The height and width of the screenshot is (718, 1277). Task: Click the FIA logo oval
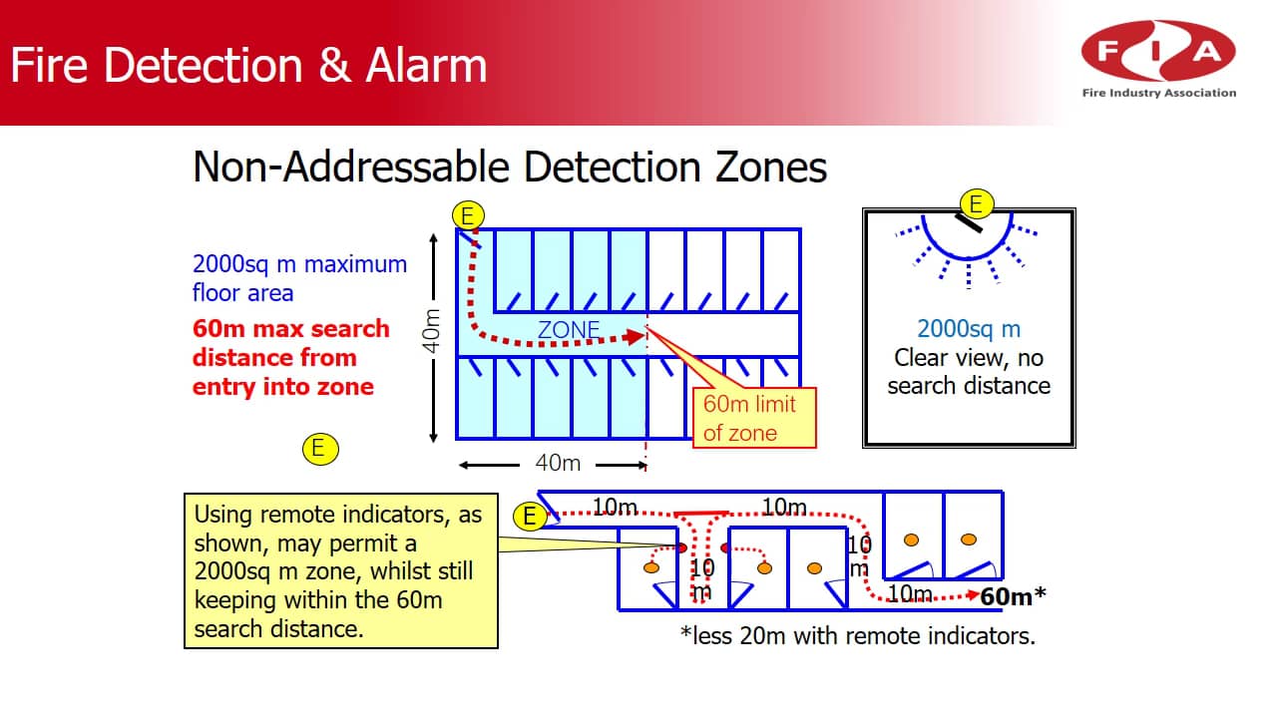click(1157, 52)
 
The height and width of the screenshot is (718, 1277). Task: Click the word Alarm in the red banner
click(426, 66)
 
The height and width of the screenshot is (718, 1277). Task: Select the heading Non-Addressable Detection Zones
click(509, 167)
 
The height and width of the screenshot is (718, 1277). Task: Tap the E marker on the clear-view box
click(976, 204)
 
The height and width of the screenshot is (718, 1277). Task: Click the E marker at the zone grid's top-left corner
click(467, 214)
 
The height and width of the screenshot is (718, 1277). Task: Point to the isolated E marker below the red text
click(318, 448)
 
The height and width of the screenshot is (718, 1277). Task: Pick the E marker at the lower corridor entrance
click(530, 516)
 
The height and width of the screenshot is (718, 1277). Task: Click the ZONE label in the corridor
click(569, 329)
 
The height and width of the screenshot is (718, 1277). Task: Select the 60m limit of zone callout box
click(753, 418)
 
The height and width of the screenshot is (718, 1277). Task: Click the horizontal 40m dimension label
click(558, 464)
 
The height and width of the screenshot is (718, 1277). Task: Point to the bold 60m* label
click(1013, 596)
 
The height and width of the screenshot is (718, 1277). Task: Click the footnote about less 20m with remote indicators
click(858, 635)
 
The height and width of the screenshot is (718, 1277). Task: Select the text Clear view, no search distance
click(969, 371)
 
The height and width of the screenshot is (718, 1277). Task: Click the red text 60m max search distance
click(290, 357)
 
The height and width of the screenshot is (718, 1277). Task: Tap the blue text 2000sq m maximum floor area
click(299, 278)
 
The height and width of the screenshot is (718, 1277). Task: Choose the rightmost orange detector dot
click(968, 539)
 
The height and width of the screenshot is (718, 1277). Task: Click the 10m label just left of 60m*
click(910, 594)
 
